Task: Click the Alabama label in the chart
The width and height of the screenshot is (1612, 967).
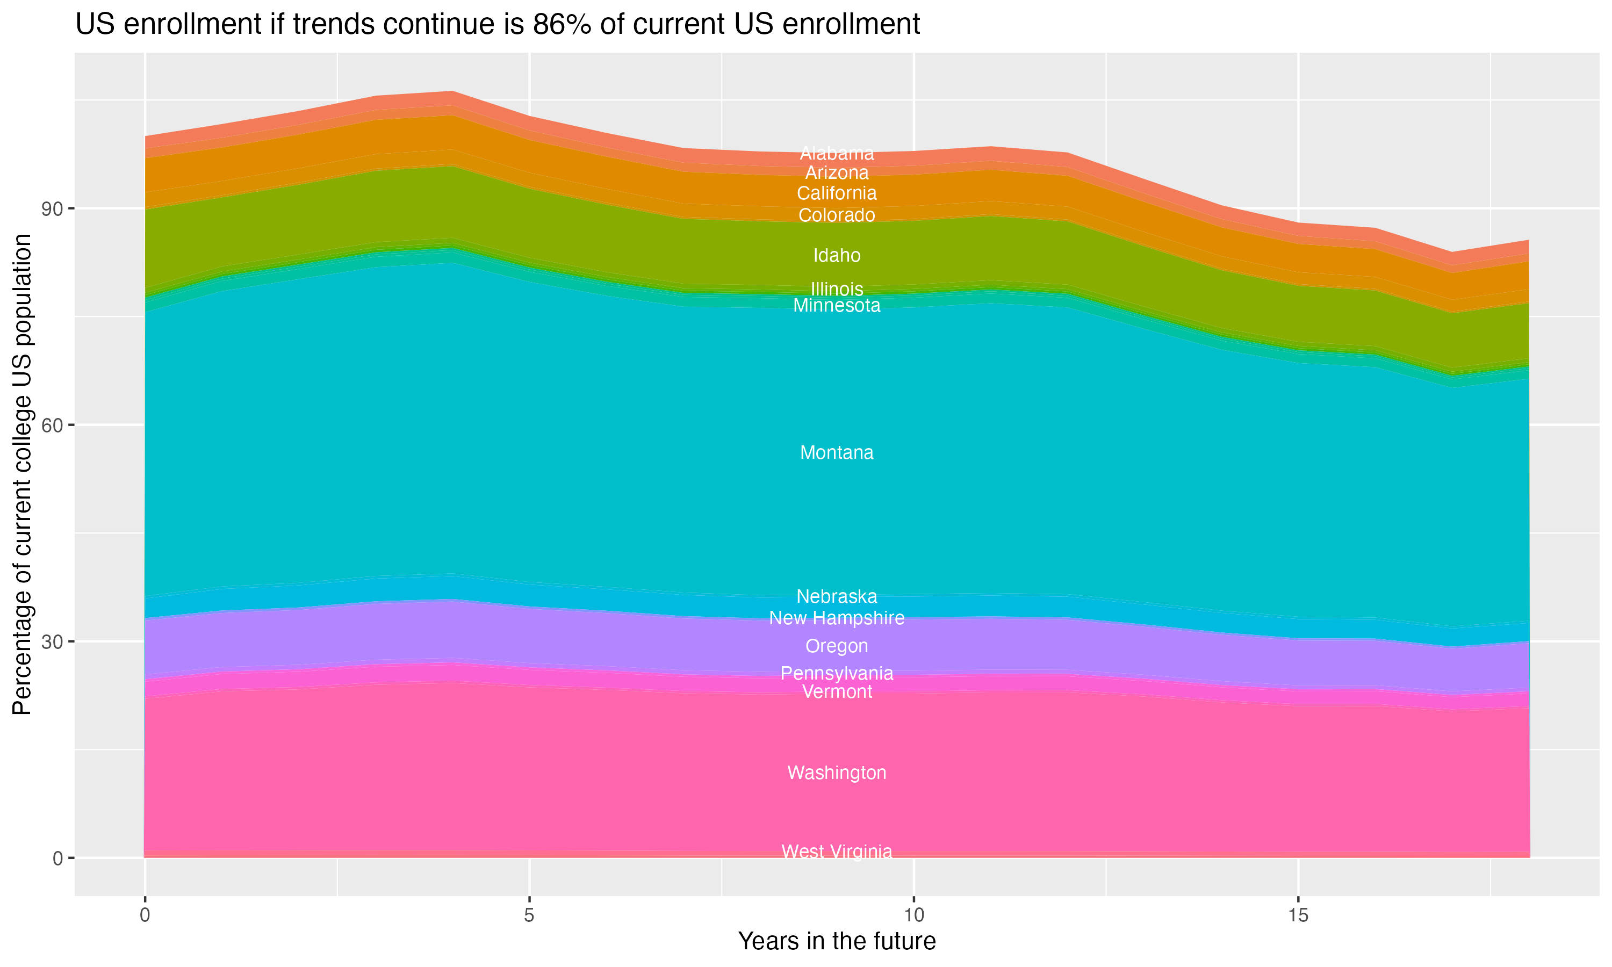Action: [837, 154]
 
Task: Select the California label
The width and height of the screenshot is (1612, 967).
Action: [837, 193]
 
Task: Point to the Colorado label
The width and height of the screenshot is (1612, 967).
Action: [837, 215]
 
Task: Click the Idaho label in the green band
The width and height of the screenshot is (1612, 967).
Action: [837, 255]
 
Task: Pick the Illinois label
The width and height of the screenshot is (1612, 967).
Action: [837, 288]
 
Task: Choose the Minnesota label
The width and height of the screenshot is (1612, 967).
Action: [837, 306]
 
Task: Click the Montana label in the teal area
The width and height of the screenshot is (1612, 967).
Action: [837, 452]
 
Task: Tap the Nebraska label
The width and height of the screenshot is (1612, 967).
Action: [837, 596]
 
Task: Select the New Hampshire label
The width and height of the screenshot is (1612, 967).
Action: [837, 618]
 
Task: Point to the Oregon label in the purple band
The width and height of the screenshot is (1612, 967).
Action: [837, 646]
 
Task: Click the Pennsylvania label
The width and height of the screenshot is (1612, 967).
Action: [837, 673]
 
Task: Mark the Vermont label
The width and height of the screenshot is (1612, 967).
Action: [837, 691]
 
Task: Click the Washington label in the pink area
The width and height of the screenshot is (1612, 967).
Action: [837, 773]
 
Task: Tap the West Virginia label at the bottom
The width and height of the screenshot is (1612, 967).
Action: [837, 851]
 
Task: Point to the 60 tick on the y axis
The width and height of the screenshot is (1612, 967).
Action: [53, 425]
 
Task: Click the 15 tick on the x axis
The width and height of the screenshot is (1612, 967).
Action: [1298, 915]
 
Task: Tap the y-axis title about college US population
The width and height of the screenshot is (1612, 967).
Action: [22, 474]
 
